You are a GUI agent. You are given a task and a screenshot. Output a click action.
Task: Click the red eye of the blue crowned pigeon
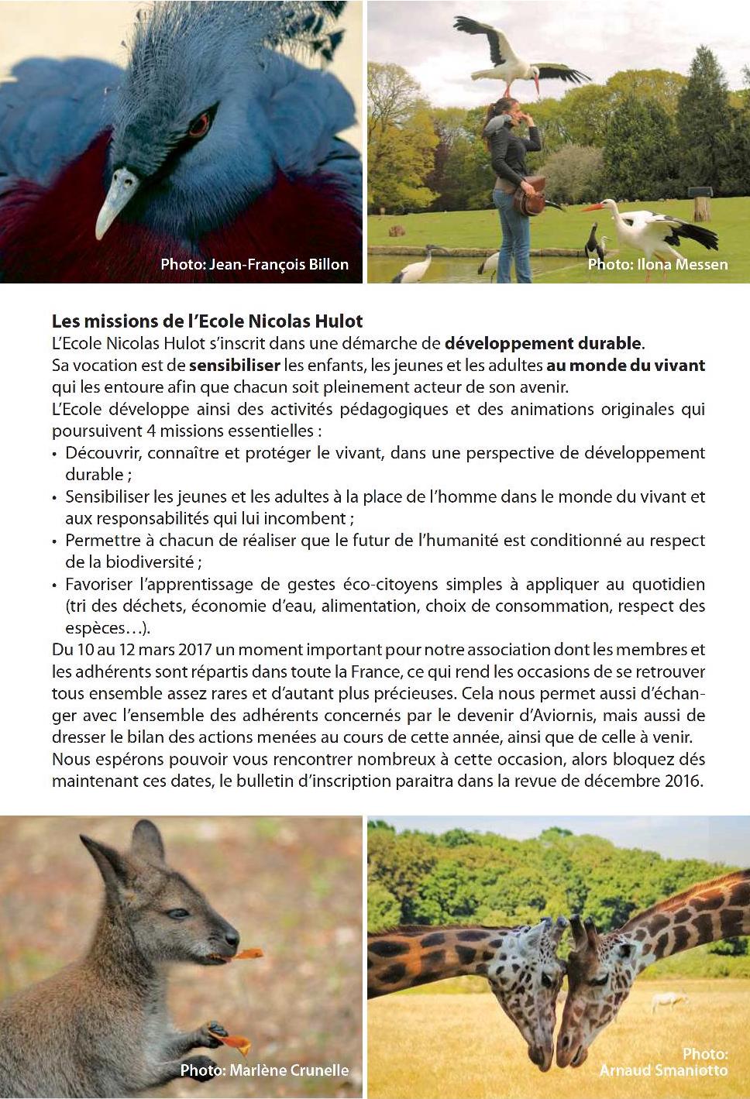(199, 123)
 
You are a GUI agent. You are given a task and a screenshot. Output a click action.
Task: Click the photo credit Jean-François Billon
(254, 264)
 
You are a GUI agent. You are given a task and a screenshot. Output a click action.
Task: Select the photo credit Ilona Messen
(657, 264)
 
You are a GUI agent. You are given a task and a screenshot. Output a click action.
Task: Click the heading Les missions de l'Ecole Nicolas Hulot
(207, 320)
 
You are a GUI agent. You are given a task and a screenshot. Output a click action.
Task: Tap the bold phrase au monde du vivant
(626, 364)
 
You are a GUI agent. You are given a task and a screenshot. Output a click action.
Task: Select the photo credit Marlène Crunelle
(264, 1070)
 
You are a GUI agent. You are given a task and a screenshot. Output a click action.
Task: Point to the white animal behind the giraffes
(670, 1001)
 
